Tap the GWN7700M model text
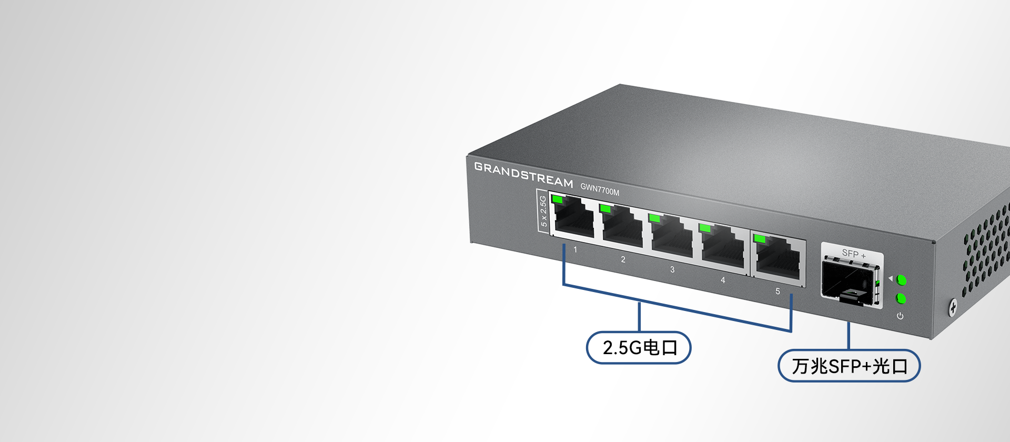coord(600,189)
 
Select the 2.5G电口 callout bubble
coord(639,347)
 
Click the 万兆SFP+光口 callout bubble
coord(849,366)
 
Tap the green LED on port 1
coord(557,199)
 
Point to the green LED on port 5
coord(759,238)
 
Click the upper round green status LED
coord(902,279)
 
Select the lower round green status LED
coord(901,299)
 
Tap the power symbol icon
coord(900,316)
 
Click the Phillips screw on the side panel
coord(953,308)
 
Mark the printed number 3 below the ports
coord(672,269)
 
